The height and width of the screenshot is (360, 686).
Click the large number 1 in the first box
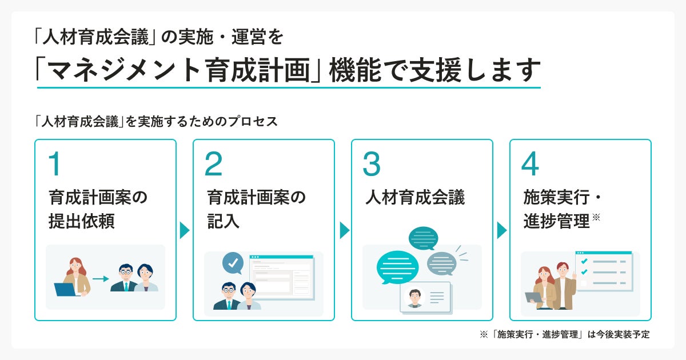point(55,164)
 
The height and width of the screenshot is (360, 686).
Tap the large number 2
point(213,164)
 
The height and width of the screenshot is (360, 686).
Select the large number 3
point(372,164)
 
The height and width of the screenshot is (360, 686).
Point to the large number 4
point(530,164)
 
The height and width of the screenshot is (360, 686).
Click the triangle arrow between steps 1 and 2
point(185,230)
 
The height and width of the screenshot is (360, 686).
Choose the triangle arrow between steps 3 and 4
point(502,230)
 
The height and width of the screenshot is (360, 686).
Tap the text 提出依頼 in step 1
point(82,222)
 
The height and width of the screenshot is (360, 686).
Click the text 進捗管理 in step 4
point(556,222)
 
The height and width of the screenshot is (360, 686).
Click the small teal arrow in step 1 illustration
point(101,279)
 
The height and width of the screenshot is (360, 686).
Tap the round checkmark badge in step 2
point(233,263)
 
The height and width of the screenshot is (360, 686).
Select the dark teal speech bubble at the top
point(424,238)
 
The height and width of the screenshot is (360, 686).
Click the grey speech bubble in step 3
point(442,263)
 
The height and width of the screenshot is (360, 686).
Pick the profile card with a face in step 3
point(425,297)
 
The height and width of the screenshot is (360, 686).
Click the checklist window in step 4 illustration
point(603,271)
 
